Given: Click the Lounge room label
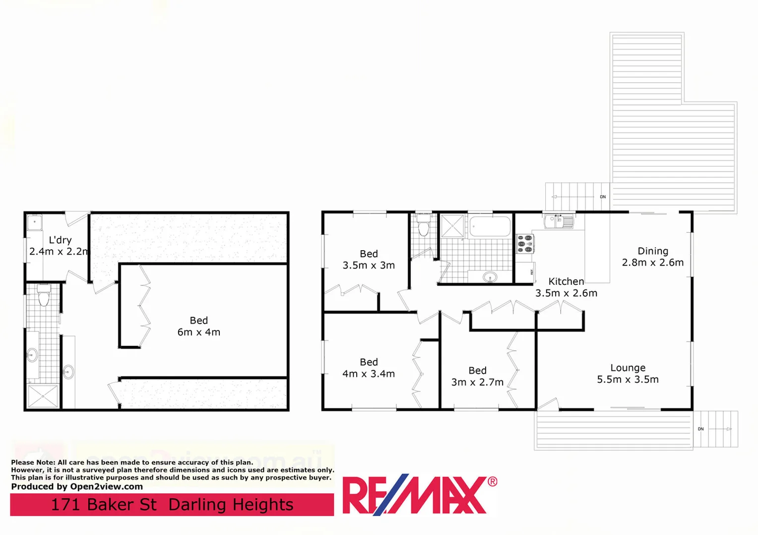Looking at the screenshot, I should pos(628,368).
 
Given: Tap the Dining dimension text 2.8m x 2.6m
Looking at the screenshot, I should pos(653,263).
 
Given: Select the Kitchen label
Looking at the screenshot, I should pos(566,281).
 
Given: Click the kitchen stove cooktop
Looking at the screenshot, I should pos(525,244).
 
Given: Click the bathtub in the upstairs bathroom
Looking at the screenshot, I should pos(490,226).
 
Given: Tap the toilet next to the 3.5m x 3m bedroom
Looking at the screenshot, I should pos(423,227).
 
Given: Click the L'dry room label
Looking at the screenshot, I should pos(60,240).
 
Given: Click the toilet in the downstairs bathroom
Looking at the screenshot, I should pos(44,296).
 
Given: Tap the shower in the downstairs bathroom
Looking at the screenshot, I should pos(43,396).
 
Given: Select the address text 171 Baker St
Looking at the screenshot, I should pos(104,505).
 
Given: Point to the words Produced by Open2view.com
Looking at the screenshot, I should pos(77,486).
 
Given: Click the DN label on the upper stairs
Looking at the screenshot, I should pos(603,197).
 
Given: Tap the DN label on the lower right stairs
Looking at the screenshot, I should pos(700,429).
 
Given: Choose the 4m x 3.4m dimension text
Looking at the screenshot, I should pos(369,374).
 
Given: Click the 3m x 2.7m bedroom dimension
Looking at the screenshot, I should pos(477,382).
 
